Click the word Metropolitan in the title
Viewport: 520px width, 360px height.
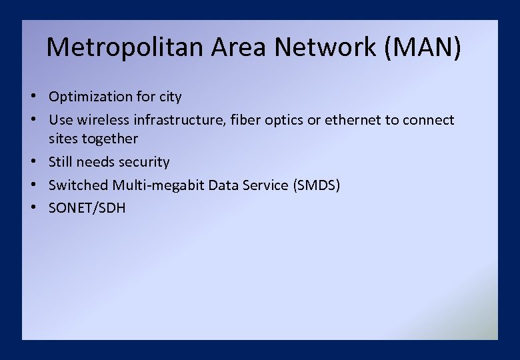tap(125, 47)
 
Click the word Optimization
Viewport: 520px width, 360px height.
tap(91, 97)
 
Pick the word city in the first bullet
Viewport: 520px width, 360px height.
tap(170, 97)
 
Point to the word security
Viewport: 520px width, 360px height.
tap(144, 162)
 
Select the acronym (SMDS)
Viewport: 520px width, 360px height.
tap(316, 185)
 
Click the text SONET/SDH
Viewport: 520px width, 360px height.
tap(87, 208)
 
